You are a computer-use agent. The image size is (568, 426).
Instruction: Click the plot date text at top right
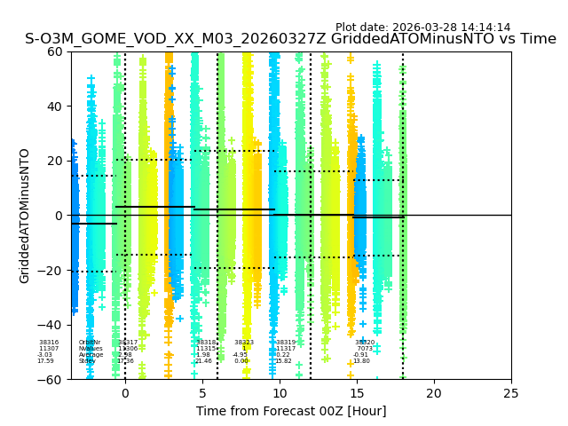pos(422,28)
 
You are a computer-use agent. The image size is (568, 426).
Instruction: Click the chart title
pos(290,39)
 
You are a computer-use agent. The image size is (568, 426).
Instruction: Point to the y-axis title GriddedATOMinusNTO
pos(25,216)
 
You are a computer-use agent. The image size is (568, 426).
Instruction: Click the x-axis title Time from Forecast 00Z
pos(291,411)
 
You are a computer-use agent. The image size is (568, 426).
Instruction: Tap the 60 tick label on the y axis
pos(53,51)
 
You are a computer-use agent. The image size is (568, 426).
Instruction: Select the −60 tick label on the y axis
pos(50,380)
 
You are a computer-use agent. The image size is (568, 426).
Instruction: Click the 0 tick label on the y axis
pos(58,216)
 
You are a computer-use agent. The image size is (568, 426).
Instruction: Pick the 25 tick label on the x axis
pos(511,392)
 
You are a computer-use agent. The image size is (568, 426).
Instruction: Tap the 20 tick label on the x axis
pos(434,392)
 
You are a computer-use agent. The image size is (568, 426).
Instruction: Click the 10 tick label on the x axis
pos(280,392)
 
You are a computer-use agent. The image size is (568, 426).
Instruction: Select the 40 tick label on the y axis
pos(53,106)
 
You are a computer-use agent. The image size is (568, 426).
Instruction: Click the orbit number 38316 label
pos(49,343)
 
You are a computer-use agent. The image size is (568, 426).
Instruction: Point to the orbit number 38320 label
pos(365,343)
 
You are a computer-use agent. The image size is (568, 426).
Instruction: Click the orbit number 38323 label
pos(244,343)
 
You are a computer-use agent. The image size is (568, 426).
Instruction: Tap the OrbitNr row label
pos(90,343)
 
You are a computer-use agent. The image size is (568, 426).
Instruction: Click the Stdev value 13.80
pos(361,361)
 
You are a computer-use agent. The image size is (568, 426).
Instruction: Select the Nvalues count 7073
pos(365,349)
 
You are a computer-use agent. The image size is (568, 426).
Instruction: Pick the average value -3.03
pos(45,355)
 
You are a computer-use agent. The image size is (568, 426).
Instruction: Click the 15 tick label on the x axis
pos(357,392)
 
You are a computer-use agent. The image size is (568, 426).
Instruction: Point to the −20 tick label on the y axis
pos(50,271)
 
